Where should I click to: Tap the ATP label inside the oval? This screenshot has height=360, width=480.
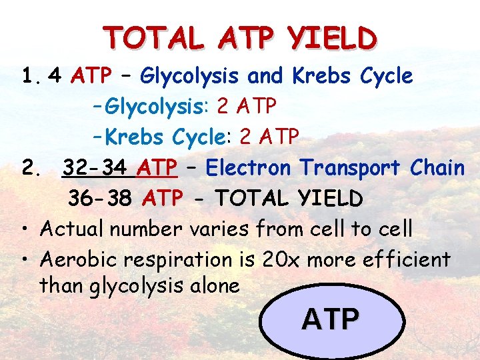tap(331, 319)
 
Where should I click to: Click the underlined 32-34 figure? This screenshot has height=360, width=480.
tap(97, 167)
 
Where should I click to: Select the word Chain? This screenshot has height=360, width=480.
tap(437, 167)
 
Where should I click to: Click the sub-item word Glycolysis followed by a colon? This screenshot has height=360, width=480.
tap(154, 106)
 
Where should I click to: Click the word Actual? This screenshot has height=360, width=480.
tap(73, 229)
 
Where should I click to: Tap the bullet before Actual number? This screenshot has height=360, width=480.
tap(23, 230)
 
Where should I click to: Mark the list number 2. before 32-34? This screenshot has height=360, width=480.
tap(29, 168)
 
